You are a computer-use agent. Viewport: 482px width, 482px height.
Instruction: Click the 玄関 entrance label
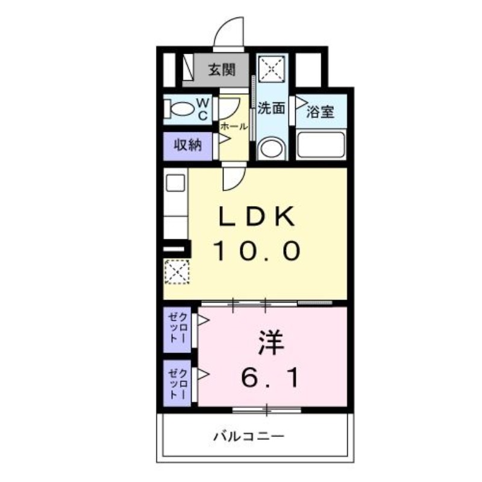(x=221, y=70)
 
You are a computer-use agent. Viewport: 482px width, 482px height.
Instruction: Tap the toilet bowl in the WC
(x=182, y=111)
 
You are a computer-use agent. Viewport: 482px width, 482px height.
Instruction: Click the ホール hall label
(x=233, y=127)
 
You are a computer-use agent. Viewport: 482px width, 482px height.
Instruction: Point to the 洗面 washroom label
(x=271, y=109)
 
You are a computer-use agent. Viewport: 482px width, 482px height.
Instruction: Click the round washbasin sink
(x=271, y=148)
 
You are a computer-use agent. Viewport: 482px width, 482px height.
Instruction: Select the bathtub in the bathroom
(x=321, y=145)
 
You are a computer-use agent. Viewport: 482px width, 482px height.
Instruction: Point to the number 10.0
(x=257, y=250)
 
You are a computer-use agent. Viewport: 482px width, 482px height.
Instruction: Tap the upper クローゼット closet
(x=178, y=329)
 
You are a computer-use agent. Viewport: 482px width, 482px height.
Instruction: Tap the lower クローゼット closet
(x=178, y=382)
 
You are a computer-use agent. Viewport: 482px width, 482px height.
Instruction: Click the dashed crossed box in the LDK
(x=177, y=272)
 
